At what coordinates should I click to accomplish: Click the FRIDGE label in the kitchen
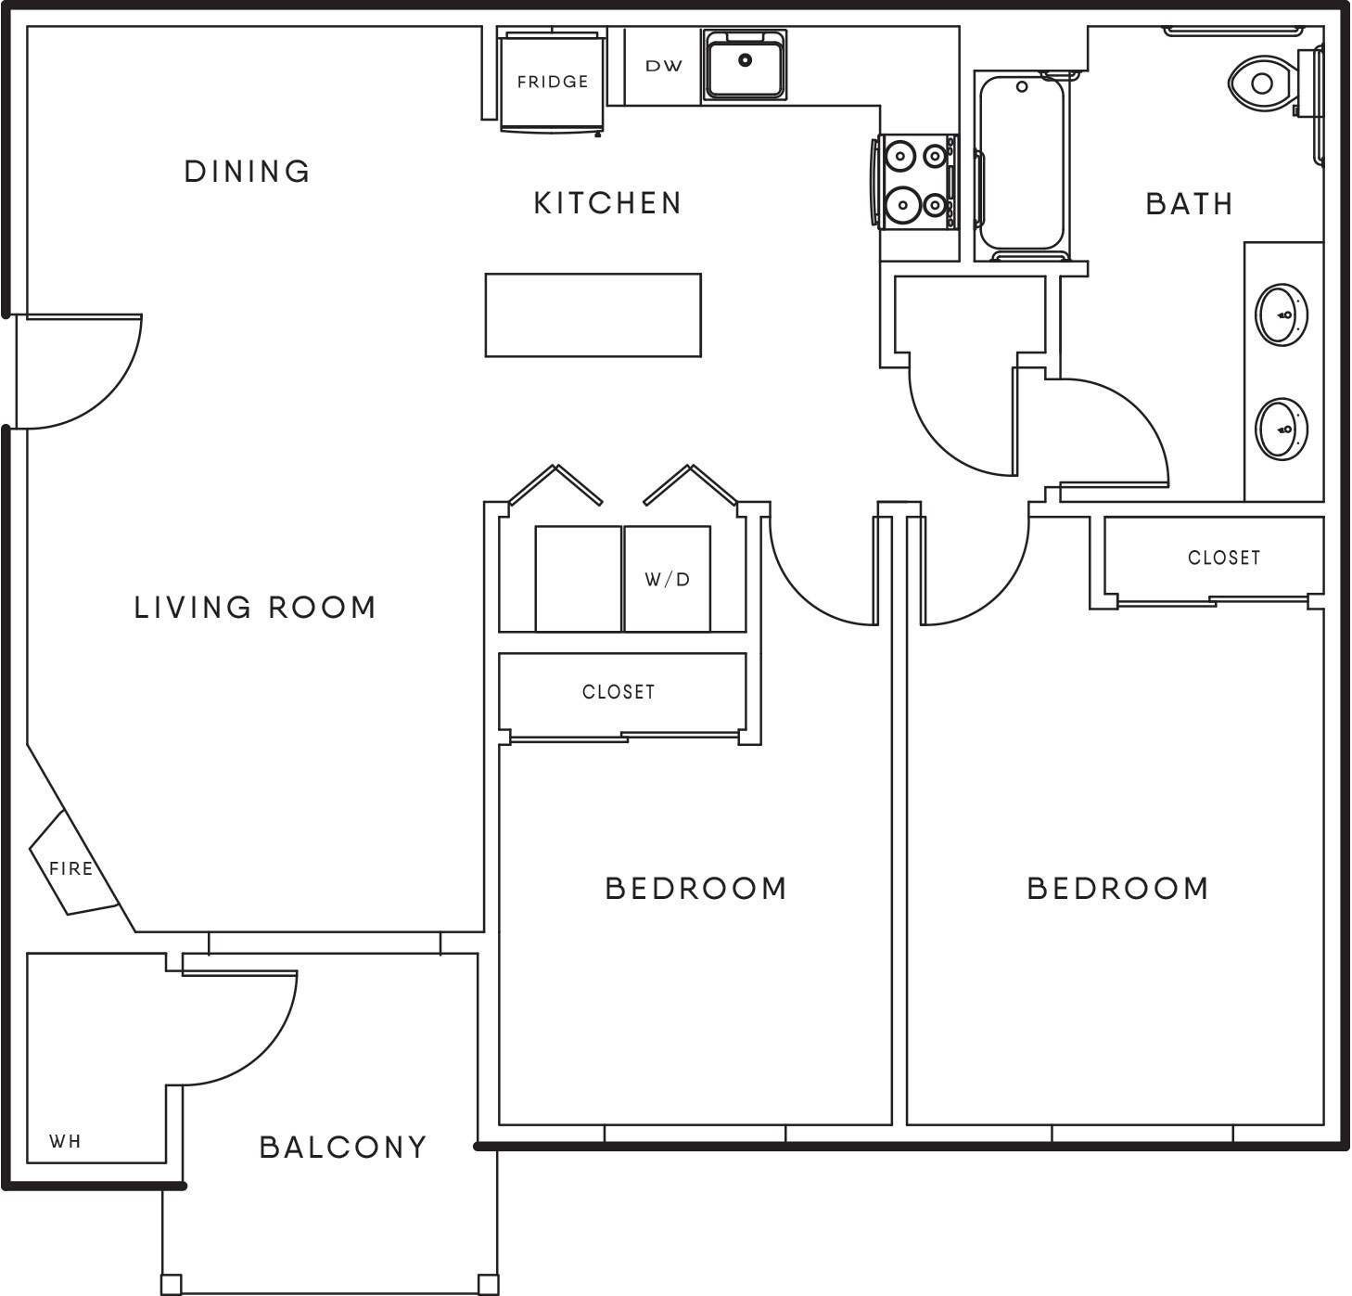click(x=553, y=82)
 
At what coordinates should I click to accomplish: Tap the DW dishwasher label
click(x=663, y=66)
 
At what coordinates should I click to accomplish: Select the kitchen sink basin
click(x=745, y=64)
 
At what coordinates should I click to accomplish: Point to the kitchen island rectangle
click(x=593, y=314)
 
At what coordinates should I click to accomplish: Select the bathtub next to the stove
click(x=1022, y=165)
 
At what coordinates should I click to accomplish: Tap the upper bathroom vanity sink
click(x=1281, y=314)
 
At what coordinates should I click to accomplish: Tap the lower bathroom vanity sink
click(x=1281, y=429)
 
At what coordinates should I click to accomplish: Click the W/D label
click(x=668, y=580)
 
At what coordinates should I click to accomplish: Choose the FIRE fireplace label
click(x=71, y=868)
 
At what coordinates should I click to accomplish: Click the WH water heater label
click(x=65, y=1141)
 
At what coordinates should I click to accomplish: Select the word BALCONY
click(x=343, y=1148)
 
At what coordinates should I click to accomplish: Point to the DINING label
click(x=248, y=172)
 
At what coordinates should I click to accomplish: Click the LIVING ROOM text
click(x=255, y=608)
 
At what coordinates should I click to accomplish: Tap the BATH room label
click(x=1190, y=204)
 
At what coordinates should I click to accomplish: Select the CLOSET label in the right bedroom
click(x=1224, y=558)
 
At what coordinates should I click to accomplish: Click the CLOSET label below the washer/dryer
click(x=619, y=692)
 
